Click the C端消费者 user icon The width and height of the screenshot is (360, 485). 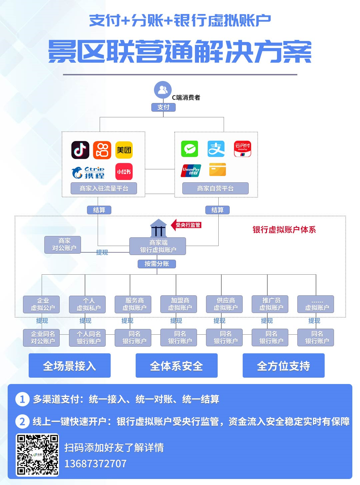pyautogui.click(x=163, y=90)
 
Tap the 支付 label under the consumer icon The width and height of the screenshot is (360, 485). pyautogui.click(x=163, y=107)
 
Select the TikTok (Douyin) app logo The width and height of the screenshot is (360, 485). pyautogui.click(x=80, y=150)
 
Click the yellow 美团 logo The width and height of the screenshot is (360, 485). pyautogui.click(x=124, y=150)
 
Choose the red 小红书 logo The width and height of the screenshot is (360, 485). pyautogui.click(x=124, y=172)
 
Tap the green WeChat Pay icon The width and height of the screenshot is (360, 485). pyautogui.click(x=190, y=149)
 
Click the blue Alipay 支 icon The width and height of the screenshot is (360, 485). pyautogui.click(x=216, y=149)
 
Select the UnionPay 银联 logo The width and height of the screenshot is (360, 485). pyautogui.click(x=191, y=170)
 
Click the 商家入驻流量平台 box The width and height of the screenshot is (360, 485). pyautogui.click(x=104, y=188)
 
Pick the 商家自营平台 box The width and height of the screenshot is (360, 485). pyautogui.click(x=215, y=188)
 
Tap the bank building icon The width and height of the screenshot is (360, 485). pyautogui.click(x=158, y=228)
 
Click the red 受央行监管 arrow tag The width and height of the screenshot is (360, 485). pyautogui.click(x=187, y=225)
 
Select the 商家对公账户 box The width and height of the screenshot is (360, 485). pyautogui.click(x=63, y=245)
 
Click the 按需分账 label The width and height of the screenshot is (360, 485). pyautogui.click(x=157, y=264)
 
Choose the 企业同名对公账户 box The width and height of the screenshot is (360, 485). pyautogui.click(x=42, y=337)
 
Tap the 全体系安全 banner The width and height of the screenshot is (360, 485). pyautogui.click(x=176, y=366)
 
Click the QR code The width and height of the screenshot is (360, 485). pyautogui.click(x=38, y=454)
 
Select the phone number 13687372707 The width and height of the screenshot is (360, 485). pyautogui.click(x=95, y=464)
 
